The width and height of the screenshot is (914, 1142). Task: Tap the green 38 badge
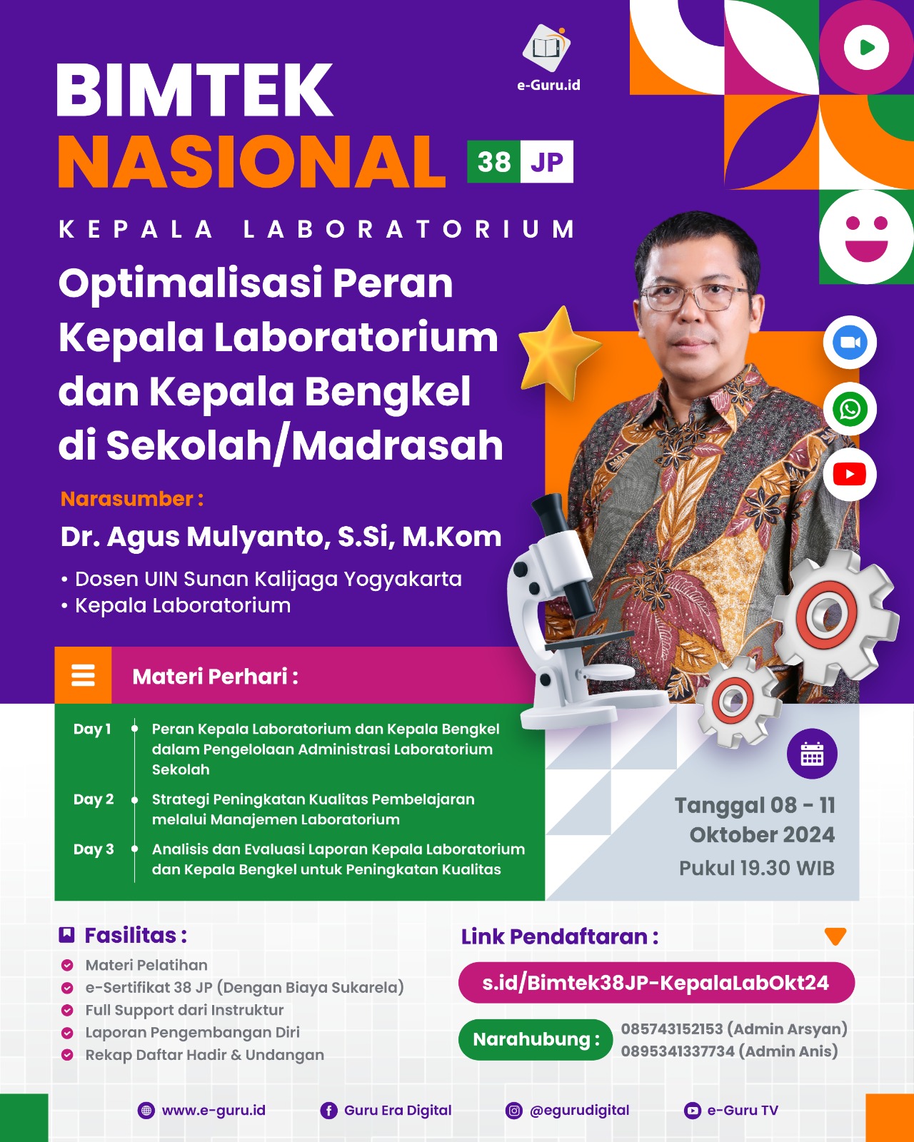tap(493, 163)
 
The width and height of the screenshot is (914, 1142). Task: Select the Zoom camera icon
tap(850, 343)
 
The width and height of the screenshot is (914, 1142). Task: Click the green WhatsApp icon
tap(850, 410)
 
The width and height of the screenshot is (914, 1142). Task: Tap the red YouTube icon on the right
tap(850, 475)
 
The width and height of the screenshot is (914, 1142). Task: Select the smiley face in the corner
tap(866, 236)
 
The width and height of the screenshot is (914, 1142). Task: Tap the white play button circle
tap(866, 48)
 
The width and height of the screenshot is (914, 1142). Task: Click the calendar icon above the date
tap(812, 754)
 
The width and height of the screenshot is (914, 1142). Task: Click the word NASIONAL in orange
tap(251, 162)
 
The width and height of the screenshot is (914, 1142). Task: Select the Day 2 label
tap(94, 799)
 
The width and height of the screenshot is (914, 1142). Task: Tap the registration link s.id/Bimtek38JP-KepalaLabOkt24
tap(656, 983)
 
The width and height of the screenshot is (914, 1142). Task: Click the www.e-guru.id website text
tap(214, 1111)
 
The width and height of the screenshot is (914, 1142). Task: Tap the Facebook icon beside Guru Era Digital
tap(328, 1111)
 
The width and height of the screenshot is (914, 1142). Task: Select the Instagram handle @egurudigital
tap(579, 1111)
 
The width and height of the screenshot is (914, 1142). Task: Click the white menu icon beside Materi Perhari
tap(83, 675)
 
